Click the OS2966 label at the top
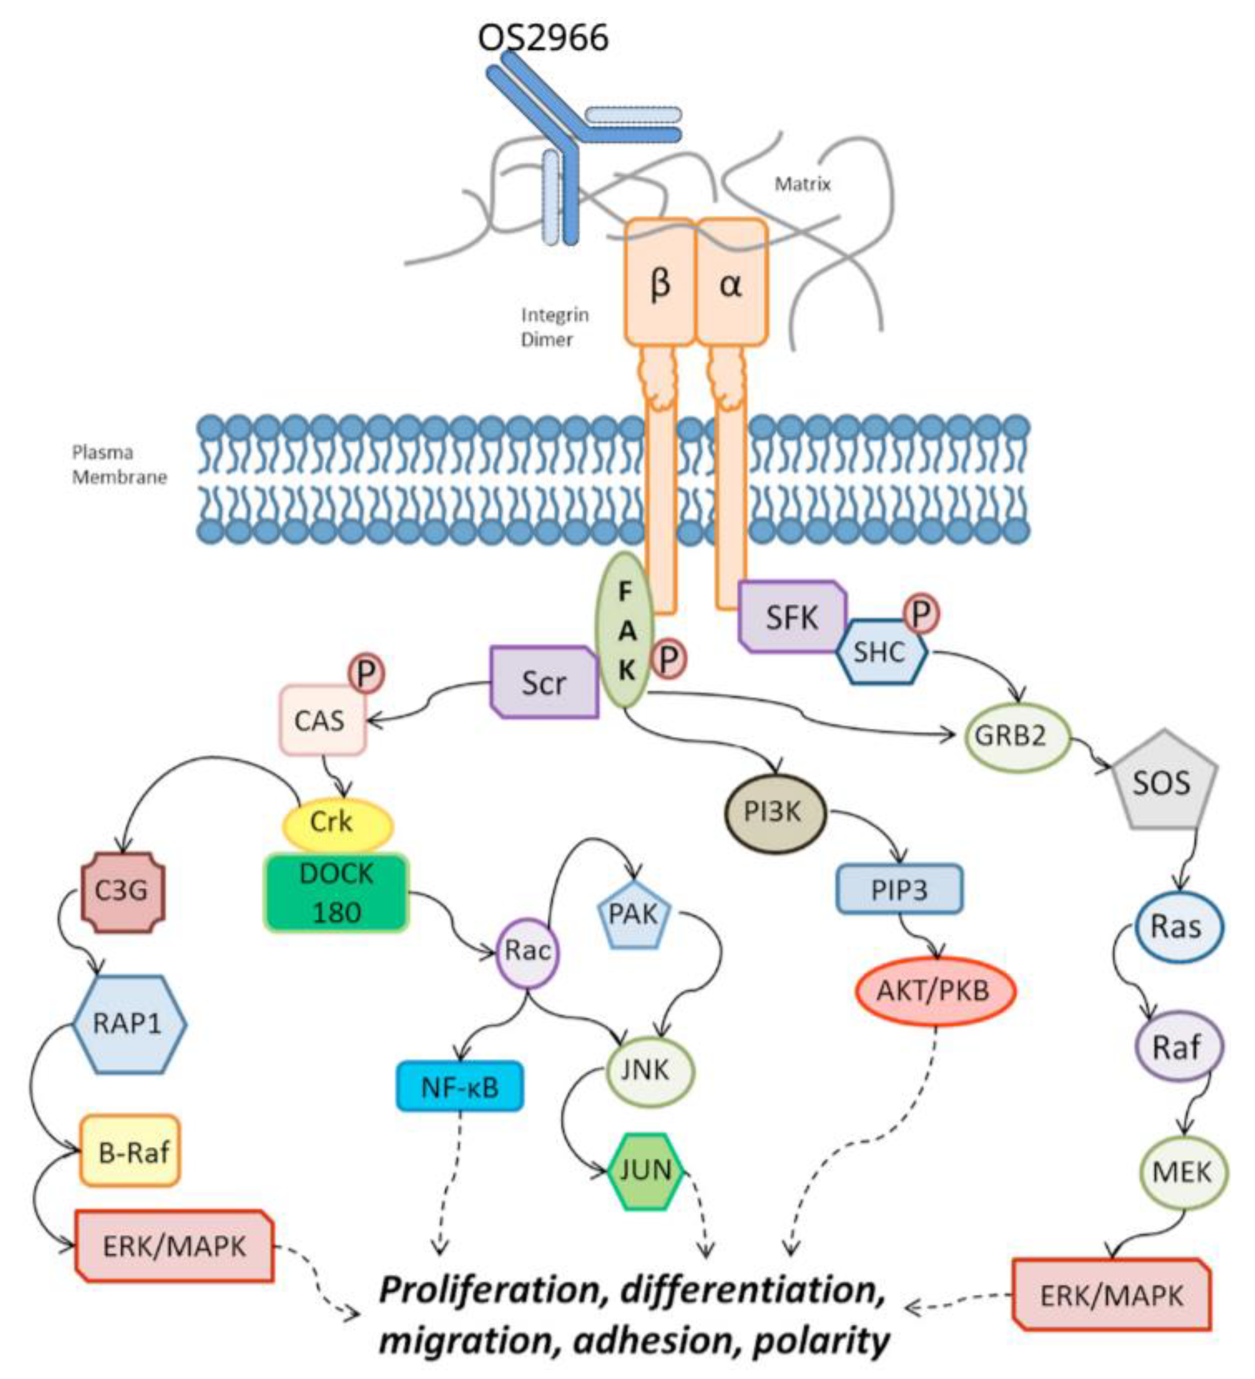pos(543,37)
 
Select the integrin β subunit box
pos(660,283)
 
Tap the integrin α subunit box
pos(731,283)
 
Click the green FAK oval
pos(625,630)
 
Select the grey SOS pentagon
pos(1161,783)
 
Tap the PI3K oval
pos(774,813)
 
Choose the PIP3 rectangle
pos(899,889)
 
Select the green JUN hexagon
pos(645,1171)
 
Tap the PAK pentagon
pos(633,914)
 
